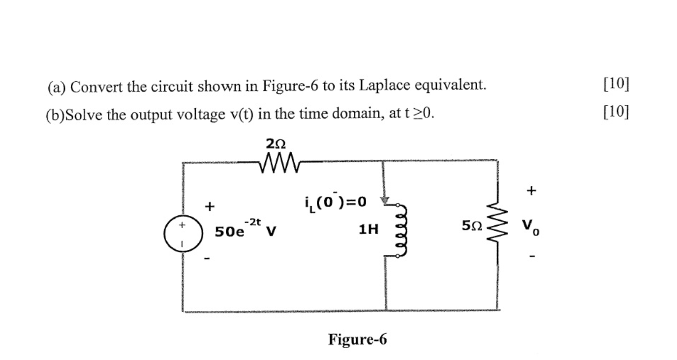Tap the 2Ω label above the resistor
point(275,144)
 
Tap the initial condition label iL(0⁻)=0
point(336,201)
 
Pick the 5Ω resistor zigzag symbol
point(497,226)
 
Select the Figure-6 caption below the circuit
point(358,339)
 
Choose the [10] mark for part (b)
point(615,113)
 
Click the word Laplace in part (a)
point(386,86)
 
